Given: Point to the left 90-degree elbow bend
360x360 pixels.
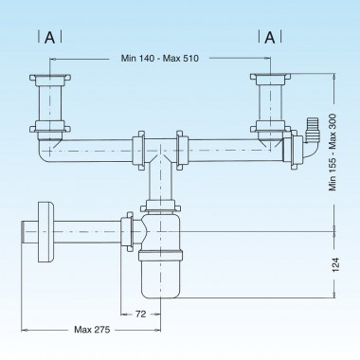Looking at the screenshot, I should point(46,148).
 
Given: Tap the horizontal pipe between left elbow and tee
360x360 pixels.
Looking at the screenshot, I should point(95,149).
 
